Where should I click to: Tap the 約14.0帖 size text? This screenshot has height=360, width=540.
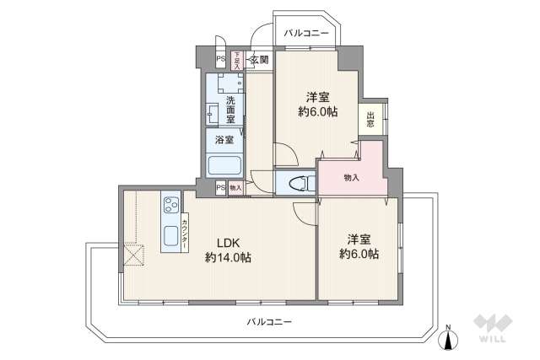click(227, 258)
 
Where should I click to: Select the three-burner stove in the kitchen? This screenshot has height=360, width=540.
click(171, 205)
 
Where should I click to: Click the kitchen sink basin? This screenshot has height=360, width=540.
click(170, 234)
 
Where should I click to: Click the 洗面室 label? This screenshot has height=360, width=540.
click(229, 109)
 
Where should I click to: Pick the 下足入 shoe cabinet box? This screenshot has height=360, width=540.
click(236, 60)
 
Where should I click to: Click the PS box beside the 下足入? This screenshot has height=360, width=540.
click(220, 60)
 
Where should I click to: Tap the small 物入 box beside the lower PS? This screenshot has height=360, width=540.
click(236, 188)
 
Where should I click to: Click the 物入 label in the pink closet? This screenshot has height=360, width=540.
click(352, 178)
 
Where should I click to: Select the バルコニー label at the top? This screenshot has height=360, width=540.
click(305, 34)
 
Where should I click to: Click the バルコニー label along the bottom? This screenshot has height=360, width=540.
click(270, 321)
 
